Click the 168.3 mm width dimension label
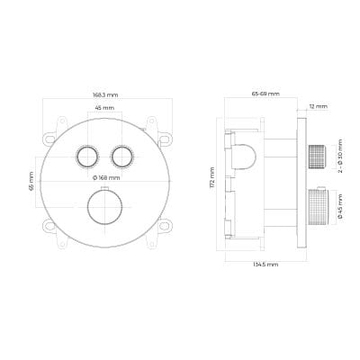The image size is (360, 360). [x=105, y=94]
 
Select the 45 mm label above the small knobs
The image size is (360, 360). [x=104, y=107]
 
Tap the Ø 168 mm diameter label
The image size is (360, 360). [x=106, y=178]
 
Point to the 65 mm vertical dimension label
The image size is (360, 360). [x=31, y=183]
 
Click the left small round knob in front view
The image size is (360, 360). [x=87, y=157]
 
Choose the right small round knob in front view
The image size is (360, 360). [x=122, y=157]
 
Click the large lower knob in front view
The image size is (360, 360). [x=104, y=207]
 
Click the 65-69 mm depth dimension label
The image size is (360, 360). [x=265, y=94]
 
